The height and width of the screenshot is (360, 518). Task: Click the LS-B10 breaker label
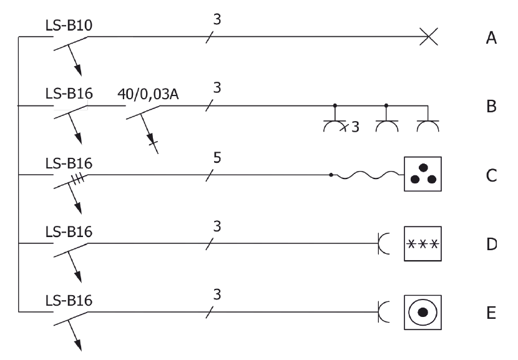[69, 25]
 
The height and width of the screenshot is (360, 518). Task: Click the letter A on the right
[491, 38]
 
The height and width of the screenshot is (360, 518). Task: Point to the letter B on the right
[491, 107]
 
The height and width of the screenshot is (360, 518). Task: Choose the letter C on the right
[491, 175]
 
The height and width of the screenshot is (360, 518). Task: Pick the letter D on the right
[491, 243]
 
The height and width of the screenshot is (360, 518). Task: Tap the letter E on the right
[491, 311]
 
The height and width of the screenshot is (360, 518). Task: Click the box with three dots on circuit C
[423, 175]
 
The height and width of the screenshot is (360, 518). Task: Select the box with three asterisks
[423, 243]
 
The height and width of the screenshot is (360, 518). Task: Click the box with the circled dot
[423, 311]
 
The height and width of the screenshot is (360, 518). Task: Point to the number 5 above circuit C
[217, 157]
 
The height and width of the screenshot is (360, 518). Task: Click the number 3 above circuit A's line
[217, 19]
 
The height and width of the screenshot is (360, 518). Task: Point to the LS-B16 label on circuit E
[69, 299]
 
